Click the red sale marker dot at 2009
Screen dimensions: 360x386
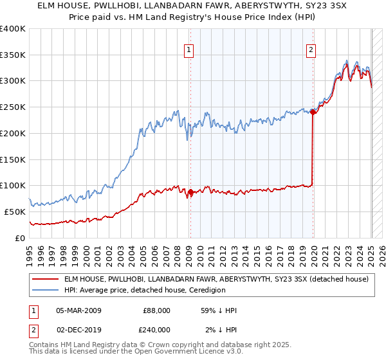[x=190, y=192]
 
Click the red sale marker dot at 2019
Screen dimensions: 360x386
[x=313, y=112]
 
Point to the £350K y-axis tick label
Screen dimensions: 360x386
[x=13, y=55]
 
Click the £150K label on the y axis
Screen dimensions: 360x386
[x=13, y=159]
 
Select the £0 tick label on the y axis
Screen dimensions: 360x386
[x=19, y=238]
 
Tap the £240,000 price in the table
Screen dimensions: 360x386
[x=154, y=329]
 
